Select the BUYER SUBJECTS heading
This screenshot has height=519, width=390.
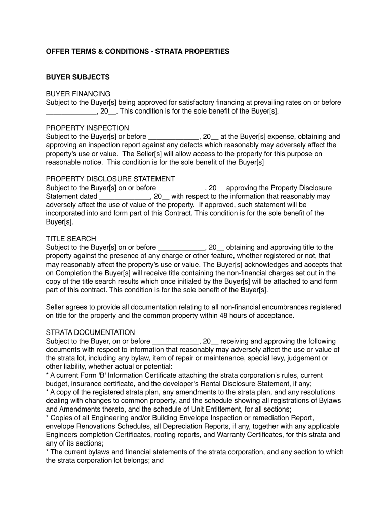click(77, 77)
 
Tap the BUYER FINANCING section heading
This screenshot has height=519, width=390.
click(78, 94)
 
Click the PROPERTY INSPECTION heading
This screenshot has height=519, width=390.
click(87, 128)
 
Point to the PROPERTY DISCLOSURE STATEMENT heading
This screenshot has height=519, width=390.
click(110, 179)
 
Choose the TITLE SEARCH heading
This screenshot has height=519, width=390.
click(71, 239)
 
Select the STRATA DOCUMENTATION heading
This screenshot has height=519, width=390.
click(90, 332)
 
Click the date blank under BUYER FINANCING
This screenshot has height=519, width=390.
click(71, 112)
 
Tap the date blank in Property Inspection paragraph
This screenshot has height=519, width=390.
click(174, 137)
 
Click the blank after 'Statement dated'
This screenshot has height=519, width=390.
click(124, 197)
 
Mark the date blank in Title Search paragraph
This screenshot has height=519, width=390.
click(181, 248)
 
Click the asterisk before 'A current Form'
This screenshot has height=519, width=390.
click(47, 376)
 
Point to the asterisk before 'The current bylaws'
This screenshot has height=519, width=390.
click(47, 452)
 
